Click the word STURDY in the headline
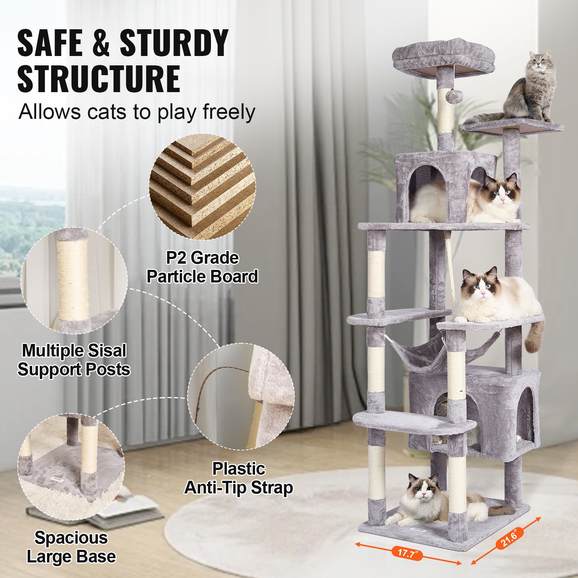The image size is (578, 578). [x=173, y=43]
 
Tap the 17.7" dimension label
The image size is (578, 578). [x=407, y=553]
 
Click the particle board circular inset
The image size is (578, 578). [x=202, y=186]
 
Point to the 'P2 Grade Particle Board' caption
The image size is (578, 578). [x=202, y=267]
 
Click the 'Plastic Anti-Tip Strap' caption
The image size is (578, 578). [x=238, y=478]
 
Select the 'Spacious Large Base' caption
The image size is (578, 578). [x=71, y=547]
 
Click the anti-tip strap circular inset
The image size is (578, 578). [x=241, y=396]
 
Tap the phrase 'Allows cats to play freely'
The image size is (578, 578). [x=137, y=112]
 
